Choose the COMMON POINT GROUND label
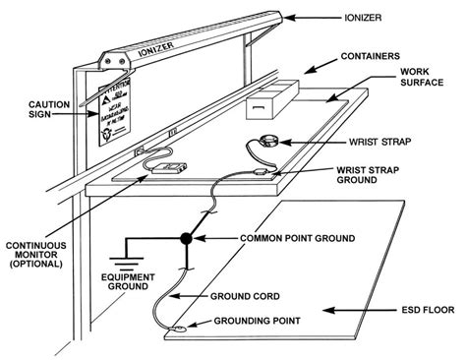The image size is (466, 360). (315, 239)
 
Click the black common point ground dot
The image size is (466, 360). (185, 239)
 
